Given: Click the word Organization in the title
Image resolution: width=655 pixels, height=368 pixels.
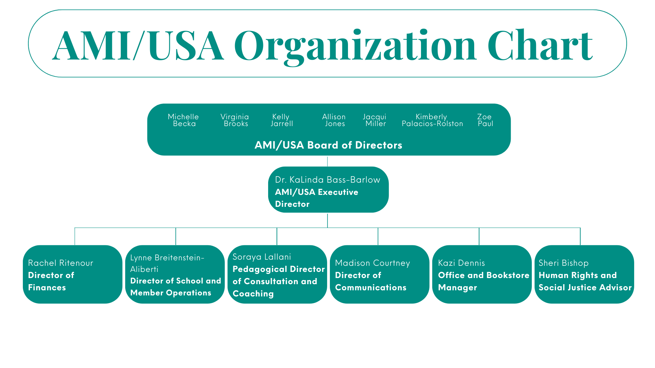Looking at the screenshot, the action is coord(355,46).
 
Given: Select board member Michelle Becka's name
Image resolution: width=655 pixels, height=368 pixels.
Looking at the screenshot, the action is coord(184,120).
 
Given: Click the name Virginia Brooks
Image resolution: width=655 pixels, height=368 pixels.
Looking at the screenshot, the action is coord(235,120).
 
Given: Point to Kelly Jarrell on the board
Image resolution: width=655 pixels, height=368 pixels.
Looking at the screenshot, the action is coord(281,120).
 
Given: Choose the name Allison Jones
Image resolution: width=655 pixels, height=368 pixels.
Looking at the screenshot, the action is coord(334,120).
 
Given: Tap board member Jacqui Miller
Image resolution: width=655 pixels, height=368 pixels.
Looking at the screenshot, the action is coord(375,120).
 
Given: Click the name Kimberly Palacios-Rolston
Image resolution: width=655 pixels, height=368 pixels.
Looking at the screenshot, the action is coord(432,120).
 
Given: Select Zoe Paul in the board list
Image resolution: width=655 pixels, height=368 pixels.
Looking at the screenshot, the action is coord(485,120).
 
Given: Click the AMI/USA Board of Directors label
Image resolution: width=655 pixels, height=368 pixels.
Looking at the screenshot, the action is coord(328,145).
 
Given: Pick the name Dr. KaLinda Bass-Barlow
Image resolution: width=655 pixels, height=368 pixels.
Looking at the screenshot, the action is coord(327,180).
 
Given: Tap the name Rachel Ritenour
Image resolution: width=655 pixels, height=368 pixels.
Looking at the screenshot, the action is coord(61,263).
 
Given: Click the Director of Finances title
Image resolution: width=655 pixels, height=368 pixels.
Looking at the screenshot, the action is coord(51,281).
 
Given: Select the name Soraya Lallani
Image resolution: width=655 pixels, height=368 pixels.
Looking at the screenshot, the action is coord(262,257).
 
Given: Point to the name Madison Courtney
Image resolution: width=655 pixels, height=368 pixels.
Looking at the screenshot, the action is coord(373,263).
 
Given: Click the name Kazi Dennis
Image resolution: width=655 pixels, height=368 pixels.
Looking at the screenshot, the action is coord(461,263).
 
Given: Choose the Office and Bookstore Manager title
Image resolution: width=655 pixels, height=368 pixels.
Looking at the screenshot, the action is coord(483,281).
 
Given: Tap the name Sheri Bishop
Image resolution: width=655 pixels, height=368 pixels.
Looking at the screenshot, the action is coord(564,263).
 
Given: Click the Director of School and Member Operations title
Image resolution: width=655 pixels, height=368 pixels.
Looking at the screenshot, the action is coord(175,287).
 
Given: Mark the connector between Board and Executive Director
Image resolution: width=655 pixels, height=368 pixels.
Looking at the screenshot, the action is coord(327,161).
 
